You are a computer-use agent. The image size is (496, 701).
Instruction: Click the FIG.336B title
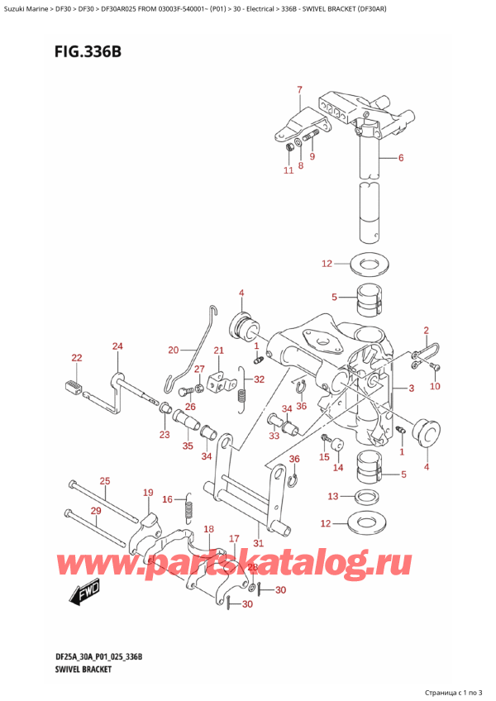88,52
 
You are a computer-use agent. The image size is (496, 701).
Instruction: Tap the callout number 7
299,90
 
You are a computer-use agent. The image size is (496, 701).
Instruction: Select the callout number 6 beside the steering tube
401,157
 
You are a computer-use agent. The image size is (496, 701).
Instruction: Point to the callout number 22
77,358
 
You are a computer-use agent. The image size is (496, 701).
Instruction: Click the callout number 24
117,346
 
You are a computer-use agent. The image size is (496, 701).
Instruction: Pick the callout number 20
174,350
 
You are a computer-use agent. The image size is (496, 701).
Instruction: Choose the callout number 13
333,496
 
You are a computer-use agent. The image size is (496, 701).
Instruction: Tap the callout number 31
259,543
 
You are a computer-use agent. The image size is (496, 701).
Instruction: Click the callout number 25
105,481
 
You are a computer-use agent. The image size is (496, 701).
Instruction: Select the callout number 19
148,493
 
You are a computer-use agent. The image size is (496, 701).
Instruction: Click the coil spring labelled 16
188,508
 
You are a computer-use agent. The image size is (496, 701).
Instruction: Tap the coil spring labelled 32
242,389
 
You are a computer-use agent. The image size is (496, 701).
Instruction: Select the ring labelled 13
367,496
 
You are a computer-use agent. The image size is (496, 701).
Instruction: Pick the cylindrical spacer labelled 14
336,446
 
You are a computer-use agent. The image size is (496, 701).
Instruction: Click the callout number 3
412,388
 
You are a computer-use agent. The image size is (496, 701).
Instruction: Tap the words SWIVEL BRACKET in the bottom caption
83,670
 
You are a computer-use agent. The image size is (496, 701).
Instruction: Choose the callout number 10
435,386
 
